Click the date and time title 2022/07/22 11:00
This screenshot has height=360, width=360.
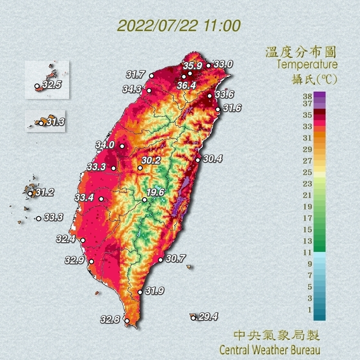[179, 25]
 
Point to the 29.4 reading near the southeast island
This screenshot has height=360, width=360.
[208, 316]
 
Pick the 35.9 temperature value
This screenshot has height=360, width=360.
[193, 65]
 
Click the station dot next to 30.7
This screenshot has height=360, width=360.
[161, 260]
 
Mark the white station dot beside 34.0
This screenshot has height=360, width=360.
[122, 146]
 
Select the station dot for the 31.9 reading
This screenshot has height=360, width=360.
[140, 292]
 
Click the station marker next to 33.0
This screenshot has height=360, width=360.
[208, 65]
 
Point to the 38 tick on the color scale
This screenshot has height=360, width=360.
[308, 96]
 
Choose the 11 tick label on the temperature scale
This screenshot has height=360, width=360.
[308, 252]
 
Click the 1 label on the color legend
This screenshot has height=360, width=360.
[310, 310]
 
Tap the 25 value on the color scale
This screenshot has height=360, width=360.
[308, 172]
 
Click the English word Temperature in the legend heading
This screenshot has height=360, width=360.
[307, 65]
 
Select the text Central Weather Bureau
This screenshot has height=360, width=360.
[270, 350]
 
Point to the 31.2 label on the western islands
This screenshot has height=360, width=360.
[45, 192]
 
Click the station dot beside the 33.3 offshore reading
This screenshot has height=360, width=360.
[38, 218]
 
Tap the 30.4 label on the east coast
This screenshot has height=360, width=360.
[212, 159]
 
